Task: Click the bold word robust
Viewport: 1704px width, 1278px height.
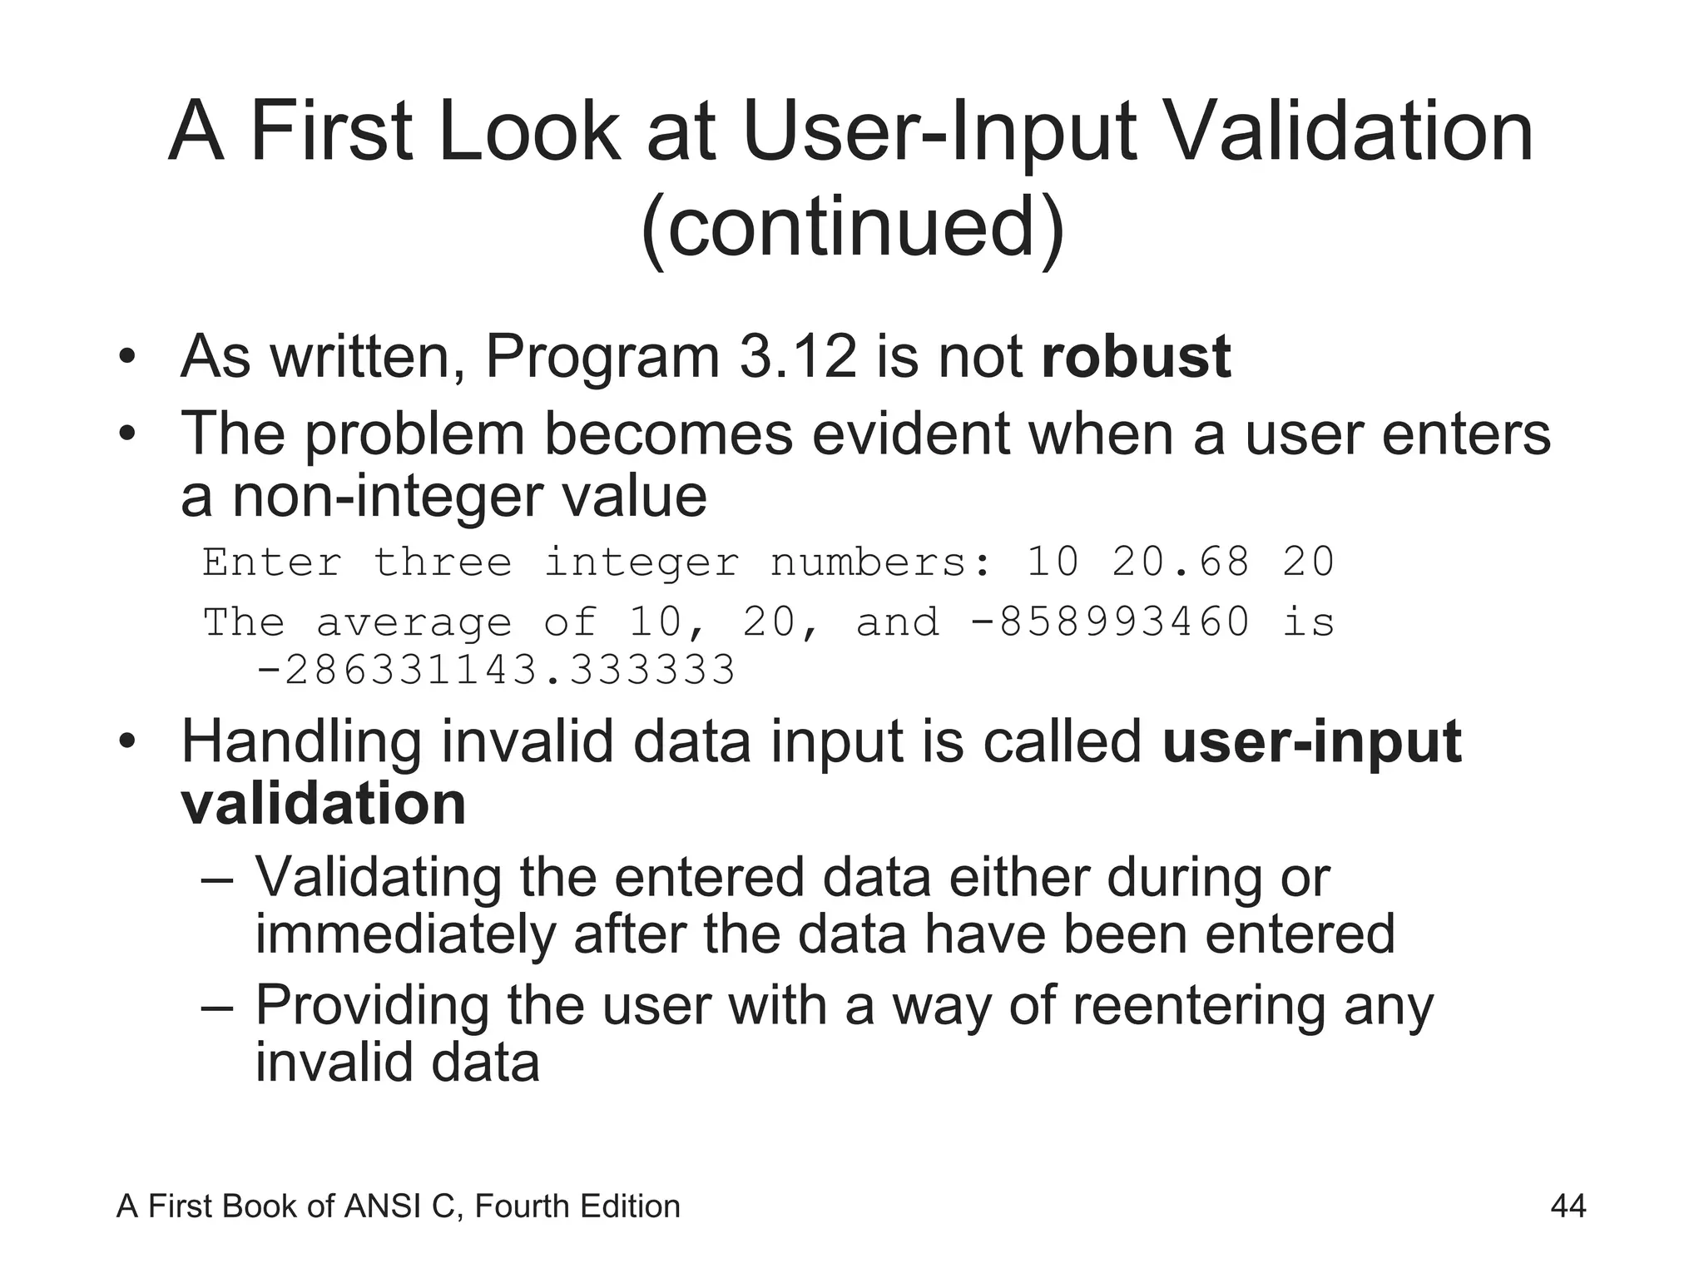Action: (1136, 357)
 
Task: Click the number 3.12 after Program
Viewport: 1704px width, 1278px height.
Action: (797, 357)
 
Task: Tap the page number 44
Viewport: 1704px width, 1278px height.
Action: (1568, 1206)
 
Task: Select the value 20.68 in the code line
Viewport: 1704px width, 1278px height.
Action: (1181, 562)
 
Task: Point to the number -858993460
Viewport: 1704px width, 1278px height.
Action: (1110, 622)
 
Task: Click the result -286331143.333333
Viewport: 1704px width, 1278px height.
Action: (496, 670)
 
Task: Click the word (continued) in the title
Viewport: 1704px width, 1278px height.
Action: (852, 226)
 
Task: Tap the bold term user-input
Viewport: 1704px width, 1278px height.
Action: (1311, 741)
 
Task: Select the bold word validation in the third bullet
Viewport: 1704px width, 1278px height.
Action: (324, 804)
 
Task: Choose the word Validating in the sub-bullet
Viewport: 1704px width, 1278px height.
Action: (378, 877)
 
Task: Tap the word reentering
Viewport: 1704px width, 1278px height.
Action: (1201, 1005)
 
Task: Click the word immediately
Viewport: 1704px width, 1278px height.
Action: (404, 934)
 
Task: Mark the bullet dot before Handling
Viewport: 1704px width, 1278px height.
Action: (126, 741)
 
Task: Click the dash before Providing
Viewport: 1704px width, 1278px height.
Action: (219, 1007)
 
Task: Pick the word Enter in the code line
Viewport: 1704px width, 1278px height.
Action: (272, 562)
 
